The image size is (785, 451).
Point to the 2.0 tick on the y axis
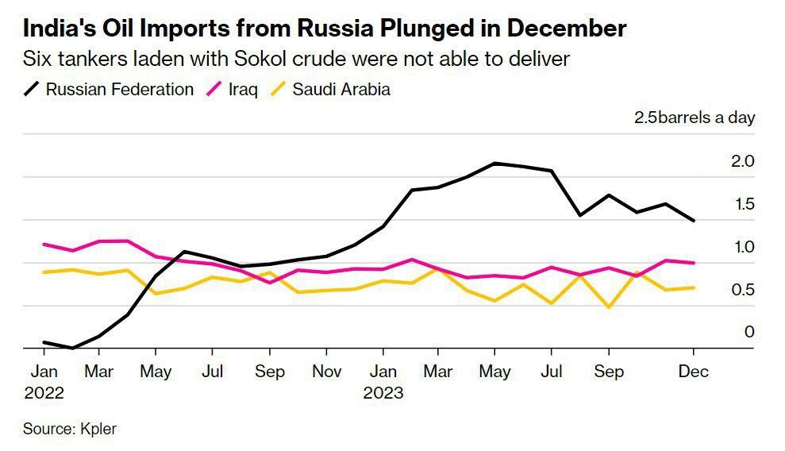tap(742, 161)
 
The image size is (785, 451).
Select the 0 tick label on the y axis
tap(748, 332)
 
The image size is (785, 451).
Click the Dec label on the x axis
tap(694, 372)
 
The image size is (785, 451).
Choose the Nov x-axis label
tap(326, 372)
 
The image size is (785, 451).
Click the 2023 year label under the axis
tap(383, 392)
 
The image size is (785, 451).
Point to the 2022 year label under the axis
tap(44, 392)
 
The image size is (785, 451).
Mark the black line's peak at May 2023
tap(494, 164)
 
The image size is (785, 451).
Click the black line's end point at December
tap(695, 221)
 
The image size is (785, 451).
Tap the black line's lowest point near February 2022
tap(72, 348)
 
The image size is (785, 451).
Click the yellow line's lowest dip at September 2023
tap(609, 306)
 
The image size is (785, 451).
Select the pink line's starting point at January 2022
tap(44, 245)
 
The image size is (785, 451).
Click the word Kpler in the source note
tap(98, 430)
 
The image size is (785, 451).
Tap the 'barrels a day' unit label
tap(706, 118)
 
